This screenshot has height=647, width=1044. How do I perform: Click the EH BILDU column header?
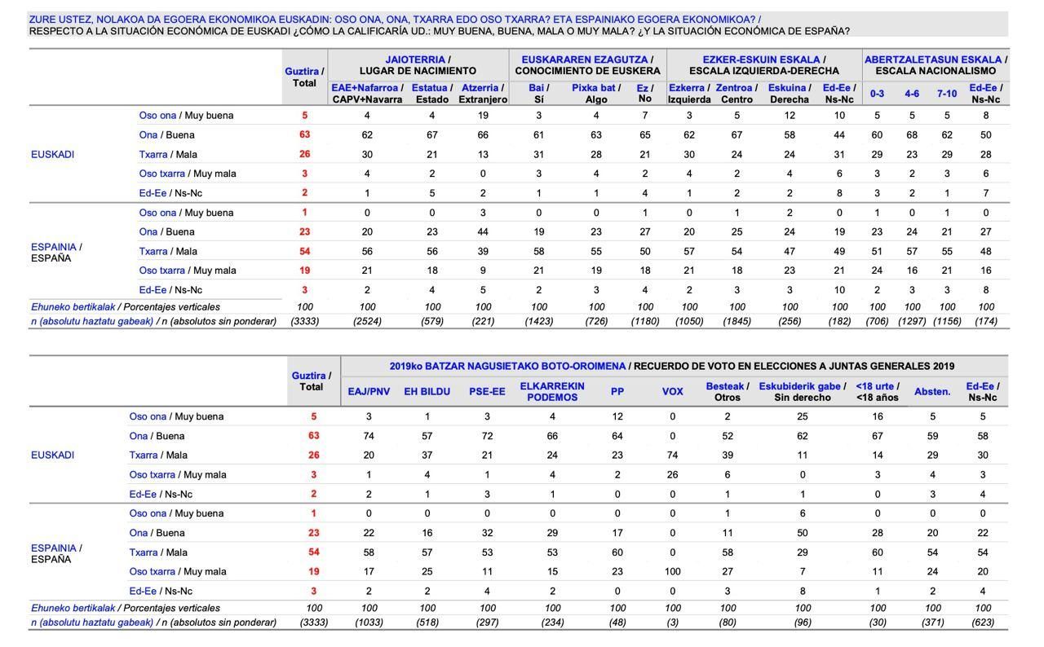tap(427, 391)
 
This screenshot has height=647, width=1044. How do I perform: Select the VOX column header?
tap(672, 391)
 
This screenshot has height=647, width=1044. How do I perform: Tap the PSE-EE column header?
tap(487, 391)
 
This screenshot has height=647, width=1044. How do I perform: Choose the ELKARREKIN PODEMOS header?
tap(552, 391)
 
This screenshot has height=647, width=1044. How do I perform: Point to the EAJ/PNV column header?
tap(369, 391)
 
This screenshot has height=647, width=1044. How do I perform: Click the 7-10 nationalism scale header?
tap(947, 94)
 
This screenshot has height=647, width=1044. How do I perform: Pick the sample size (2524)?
tap(367, 321)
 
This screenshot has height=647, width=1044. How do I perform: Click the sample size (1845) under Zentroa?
tap(737, 321)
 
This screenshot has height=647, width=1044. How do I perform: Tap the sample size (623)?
tap(983, 622)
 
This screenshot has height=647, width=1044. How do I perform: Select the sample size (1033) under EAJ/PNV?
tap(369, 622)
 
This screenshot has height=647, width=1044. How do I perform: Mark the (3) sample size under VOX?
tap(672, 622)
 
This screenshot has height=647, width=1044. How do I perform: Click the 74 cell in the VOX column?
tap(672, 456)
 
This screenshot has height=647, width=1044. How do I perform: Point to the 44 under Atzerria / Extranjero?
tap(483, 231)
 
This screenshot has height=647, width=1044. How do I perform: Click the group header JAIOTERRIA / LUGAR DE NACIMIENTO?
tap(418, 65)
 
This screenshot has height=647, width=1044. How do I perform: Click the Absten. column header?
tap(932, 391)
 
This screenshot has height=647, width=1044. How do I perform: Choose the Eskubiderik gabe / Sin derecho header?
tap(803, 391)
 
